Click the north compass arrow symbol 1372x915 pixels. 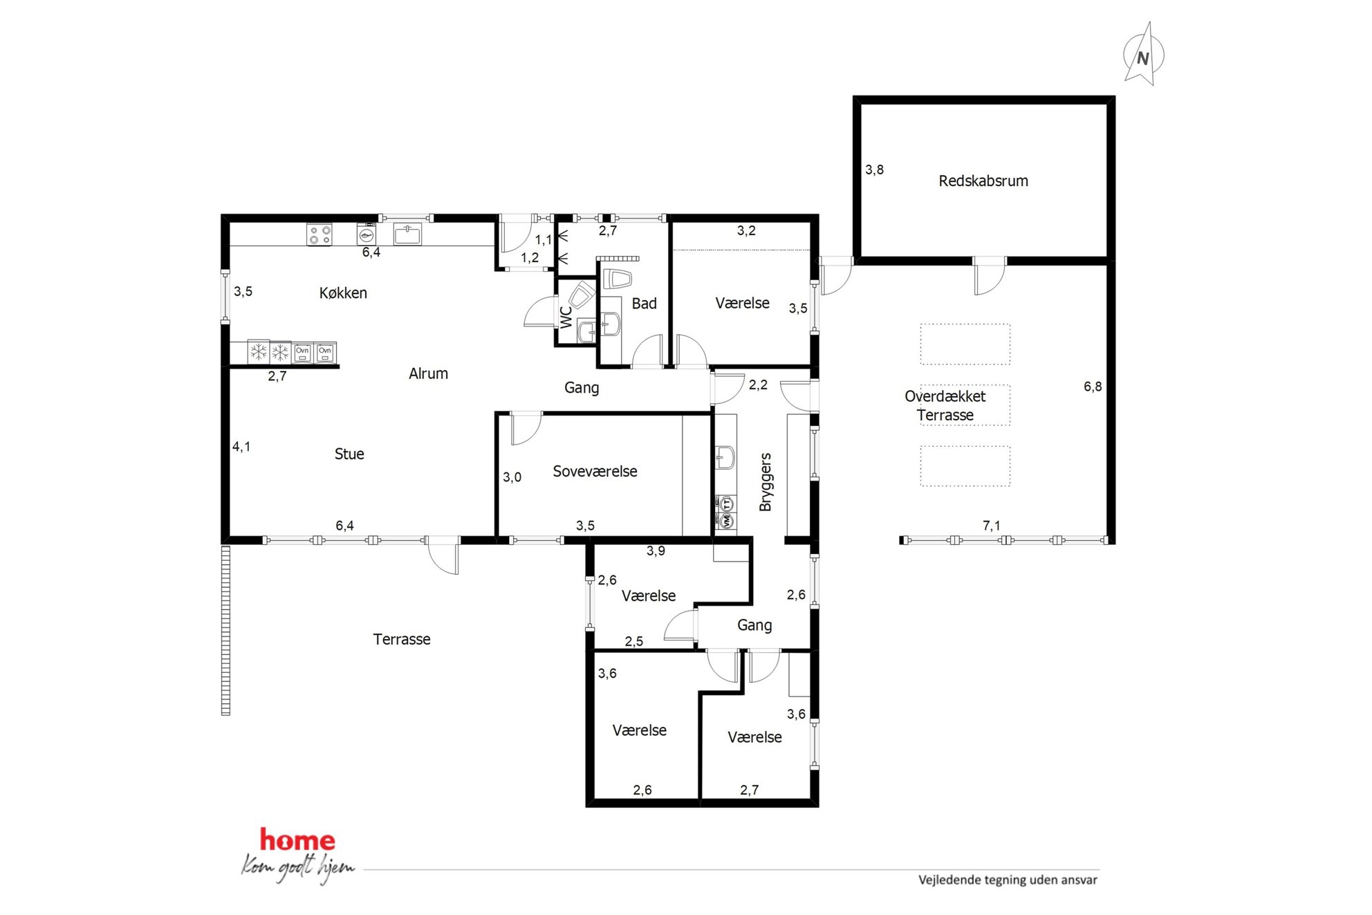[x=1144, y=54]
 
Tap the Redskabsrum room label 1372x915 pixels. [x=983, y=181]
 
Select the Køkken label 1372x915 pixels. [x=343, y=293]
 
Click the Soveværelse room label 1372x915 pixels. [x=595, y=472]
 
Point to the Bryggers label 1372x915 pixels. [x=765, y=482]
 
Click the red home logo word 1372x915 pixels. [x=297, y=840]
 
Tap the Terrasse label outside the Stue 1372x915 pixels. [x=402, y=640]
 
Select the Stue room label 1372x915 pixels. [x=349, y=454]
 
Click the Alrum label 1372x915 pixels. [x=428, y=374]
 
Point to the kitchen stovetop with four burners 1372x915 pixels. [x=319, y=234]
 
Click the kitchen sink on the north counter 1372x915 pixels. [x=407, y=234]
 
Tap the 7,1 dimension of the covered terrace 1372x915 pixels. [x=992, y=526]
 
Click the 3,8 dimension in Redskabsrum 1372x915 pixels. [x=874, y=170]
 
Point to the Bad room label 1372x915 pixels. [x=644, y=304]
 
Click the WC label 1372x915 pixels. [x=566, y=317]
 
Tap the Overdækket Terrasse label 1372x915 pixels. [x=945, y=406]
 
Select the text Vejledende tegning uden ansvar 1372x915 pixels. [x=1008, y=880]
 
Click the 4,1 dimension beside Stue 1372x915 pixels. [x=241, y=447]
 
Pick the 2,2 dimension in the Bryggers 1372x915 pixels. [x=758, y=385]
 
